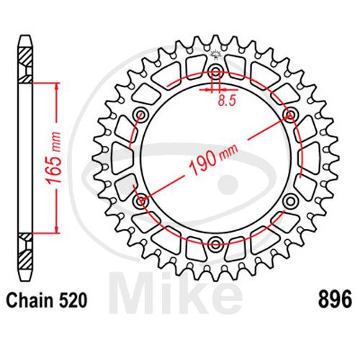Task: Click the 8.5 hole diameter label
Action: [227, 100]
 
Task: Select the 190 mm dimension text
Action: [213, 159]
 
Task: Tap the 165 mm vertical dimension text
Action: [53, 158]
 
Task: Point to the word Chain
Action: [30, 300]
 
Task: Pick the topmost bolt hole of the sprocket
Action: [215, 71]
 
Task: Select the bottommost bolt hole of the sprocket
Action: [215, 244]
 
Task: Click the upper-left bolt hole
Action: [141, 114]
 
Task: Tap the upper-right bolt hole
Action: [290, 114]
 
